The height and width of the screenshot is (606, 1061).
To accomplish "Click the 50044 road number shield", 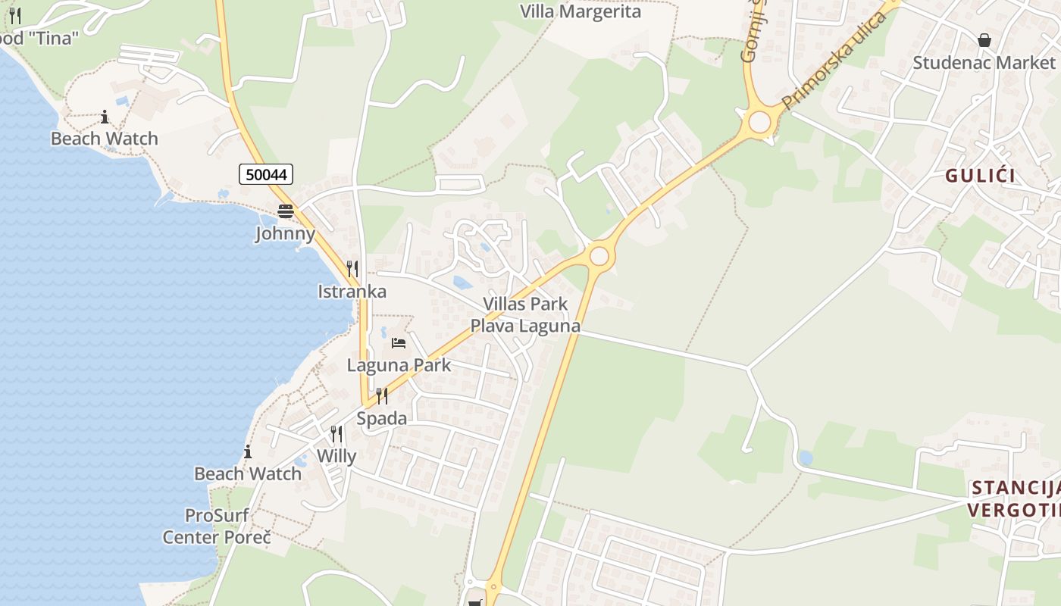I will (x=266, y=174).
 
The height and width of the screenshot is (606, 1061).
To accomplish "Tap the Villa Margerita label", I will (x=581, y=11).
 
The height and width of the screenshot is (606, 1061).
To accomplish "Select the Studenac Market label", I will (x=984, y=62).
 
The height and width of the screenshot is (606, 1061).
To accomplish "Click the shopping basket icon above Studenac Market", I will (x=984, y=40).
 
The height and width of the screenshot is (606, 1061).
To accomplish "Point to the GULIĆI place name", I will (x=980, y=176).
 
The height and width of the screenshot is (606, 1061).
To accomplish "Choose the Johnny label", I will (x=285, y=233).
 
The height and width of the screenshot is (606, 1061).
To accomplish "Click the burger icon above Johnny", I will (x=285, y=211).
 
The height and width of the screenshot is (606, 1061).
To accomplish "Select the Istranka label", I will (x=352, y=291).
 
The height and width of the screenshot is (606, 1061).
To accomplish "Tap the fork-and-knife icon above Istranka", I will (x=352, y=269).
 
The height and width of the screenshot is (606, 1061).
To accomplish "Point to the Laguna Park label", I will (x=399, y=364).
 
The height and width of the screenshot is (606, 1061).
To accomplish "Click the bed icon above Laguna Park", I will (x=399, y=343).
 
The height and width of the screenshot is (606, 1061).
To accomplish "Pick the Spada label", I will (x=381, y=418).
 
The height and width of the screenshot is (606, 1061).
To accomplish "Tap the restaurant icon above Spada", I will (x=381, y=396).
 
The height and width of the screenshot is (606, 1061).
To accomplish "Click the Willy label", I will (x=336, y=456).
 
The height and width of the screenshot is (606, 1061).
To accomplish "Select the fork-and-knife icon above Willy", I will (x=336, y=434).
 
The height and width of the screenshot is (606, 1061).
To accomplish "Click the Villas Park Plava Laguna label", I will (x=525, y=315).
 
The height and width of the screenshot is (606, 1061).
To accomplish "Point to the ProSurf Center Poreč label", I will (x=217, y=526).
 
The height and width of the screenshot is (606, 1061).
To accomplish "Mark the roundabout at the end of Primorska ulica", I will (x=759, y=122).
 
